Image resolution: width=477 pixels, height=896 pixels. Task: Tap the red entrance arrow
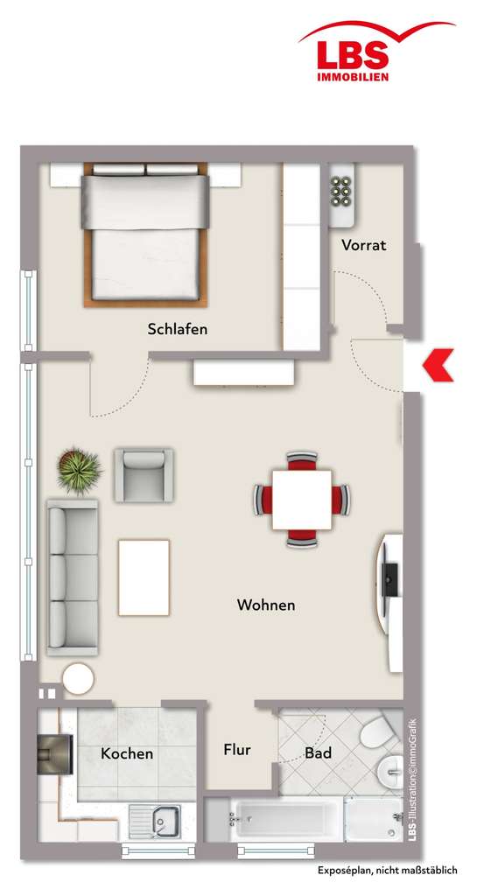click(438, 365)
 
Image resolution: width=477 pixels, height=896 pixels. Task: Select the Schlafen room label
click(178, 329)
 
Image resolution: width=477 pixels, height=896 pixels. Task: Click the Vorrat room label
click(363, 245)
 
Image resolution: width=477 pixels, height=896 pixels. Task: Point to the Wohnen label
click(266, 605)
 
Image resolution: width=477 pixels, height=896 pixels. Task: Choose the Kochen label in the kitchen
click(127, 753)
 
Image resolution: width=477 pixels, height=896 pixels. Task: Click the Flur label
click(237, 750)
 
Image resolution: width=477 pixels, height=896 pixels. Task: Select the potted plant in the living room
click(79, 470)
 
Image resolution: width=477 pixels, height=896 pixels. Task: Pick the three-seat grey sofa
click(72, 577)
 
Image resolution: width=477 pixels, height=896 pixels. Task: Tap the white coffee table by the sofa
click(144, 577)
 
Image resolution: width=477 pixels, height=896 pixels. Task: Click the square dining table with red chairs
click(301, 500)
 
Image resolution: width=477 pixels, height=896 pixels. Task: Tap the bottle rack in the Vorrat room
click(342, 189)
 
